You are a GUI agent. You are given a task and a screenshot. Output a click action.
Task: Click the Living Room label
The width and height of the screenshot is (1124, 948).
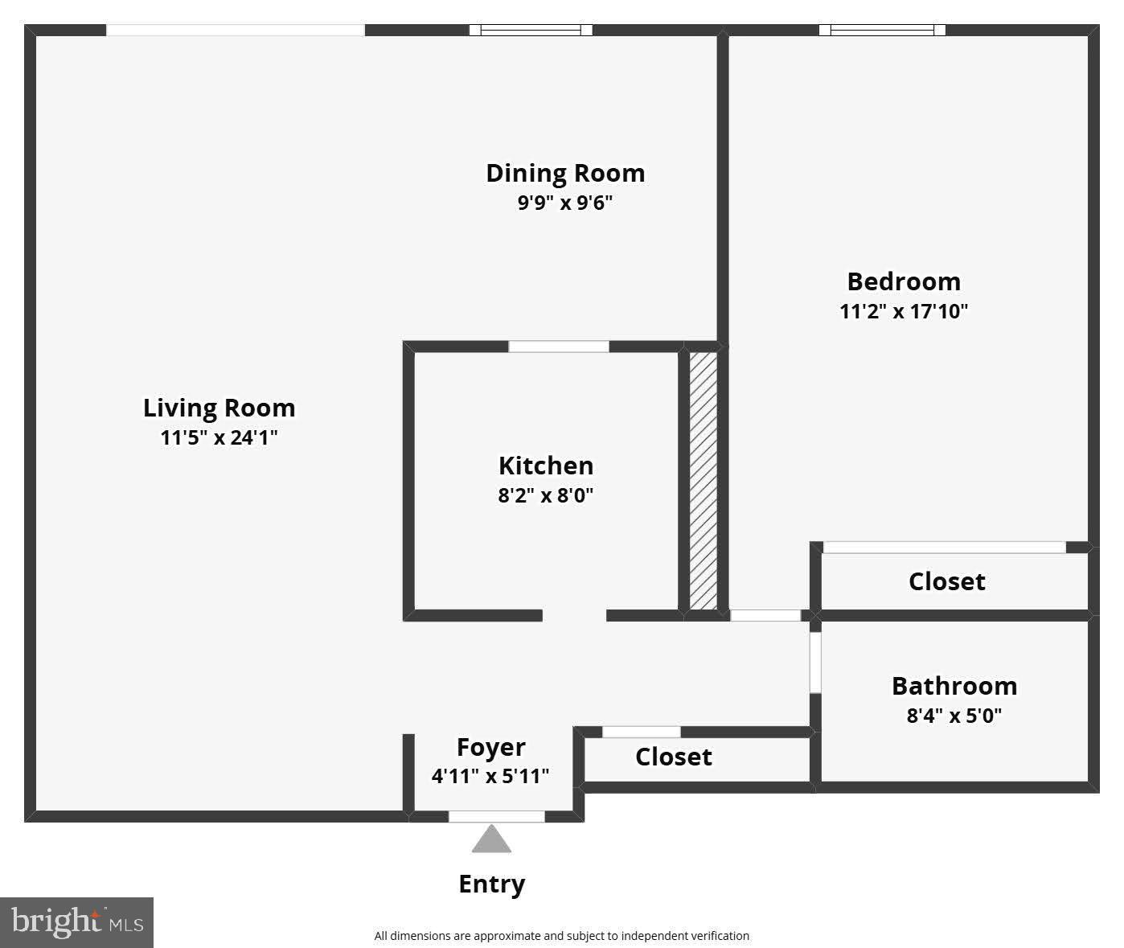(x=219, y=408)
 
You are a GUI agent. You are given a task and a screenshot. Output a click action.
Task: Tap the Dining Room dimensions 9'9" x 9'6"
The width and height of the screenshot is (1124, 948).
(x=564, y=203)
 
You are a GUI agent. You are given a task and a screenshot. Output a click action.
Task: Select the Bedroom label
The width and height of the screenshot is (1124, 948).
(x=904, y=281)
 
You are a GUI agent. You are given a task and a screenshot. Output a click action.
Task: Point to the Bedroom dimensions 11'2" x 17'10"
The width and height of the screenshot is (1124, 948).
(x=904, y=311)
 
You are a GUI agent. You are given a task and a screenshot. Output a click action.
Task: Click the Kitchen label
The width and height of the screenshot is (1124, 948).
(x=546, y=466)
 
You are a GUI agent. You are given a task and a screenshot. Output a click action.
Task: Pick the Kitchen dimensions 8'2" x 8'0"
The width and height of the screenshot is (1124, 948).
(x=546, y=495)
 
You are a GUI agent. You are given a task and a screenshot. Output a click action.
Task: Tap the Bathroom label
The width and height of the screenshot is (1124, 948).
(x=954, y=686)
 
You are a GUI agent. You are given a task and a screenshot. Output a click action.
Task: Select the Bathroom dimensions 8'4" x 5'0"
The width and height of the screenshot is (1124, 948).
(x=954, y=716)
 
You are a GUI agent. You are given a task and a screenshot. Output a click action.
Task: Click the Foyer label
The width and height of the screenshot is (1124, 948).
(x=490, y=747)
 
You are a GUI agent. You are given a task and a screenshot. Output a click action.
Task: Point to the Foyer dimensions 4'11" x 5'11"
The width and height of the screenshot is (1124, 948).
(x=490, y=776)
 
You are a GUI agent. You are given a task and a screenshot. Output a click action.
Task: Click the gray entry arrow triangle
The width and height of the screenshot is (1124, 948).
(x=491, y=840)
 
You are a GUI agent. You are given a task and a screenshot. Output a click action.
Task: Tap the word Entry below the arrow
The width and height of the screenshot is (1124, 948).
(x=491, y=884)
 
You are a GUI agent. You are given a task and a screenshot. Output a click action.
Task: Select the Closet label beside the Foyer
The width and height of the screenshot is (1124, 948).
(x=674, y=757)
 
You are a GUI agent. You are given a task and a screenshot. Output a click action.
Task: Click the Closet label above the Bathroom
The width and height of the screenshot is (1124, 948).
(x=946, y=581)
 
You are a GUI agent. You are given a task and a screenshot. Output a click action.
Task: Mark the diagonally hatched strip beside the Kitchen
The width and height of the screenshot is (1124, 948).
(x=703, y=480)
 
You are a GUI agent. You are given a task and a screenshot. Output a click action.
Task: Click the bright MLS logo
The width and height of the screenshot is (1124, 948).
(x=76, y=922)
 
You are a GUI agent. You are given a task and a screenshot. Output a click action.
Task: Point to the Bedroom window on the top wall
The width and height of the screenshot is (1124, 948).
(x=882, y=31)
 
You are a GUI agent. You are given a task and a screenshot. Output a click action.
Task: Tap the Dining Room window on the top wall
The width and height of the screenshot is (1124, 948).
(x=531, y=31)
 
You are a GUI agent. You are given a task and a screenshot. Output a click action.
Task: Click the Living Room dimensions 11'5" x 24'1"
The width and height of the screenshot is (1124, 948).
(x=219, y=437)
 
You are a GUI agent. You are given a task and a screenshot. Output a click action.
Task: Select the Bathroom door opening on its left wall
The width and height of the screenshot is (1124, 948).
(x=815, y=663)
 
